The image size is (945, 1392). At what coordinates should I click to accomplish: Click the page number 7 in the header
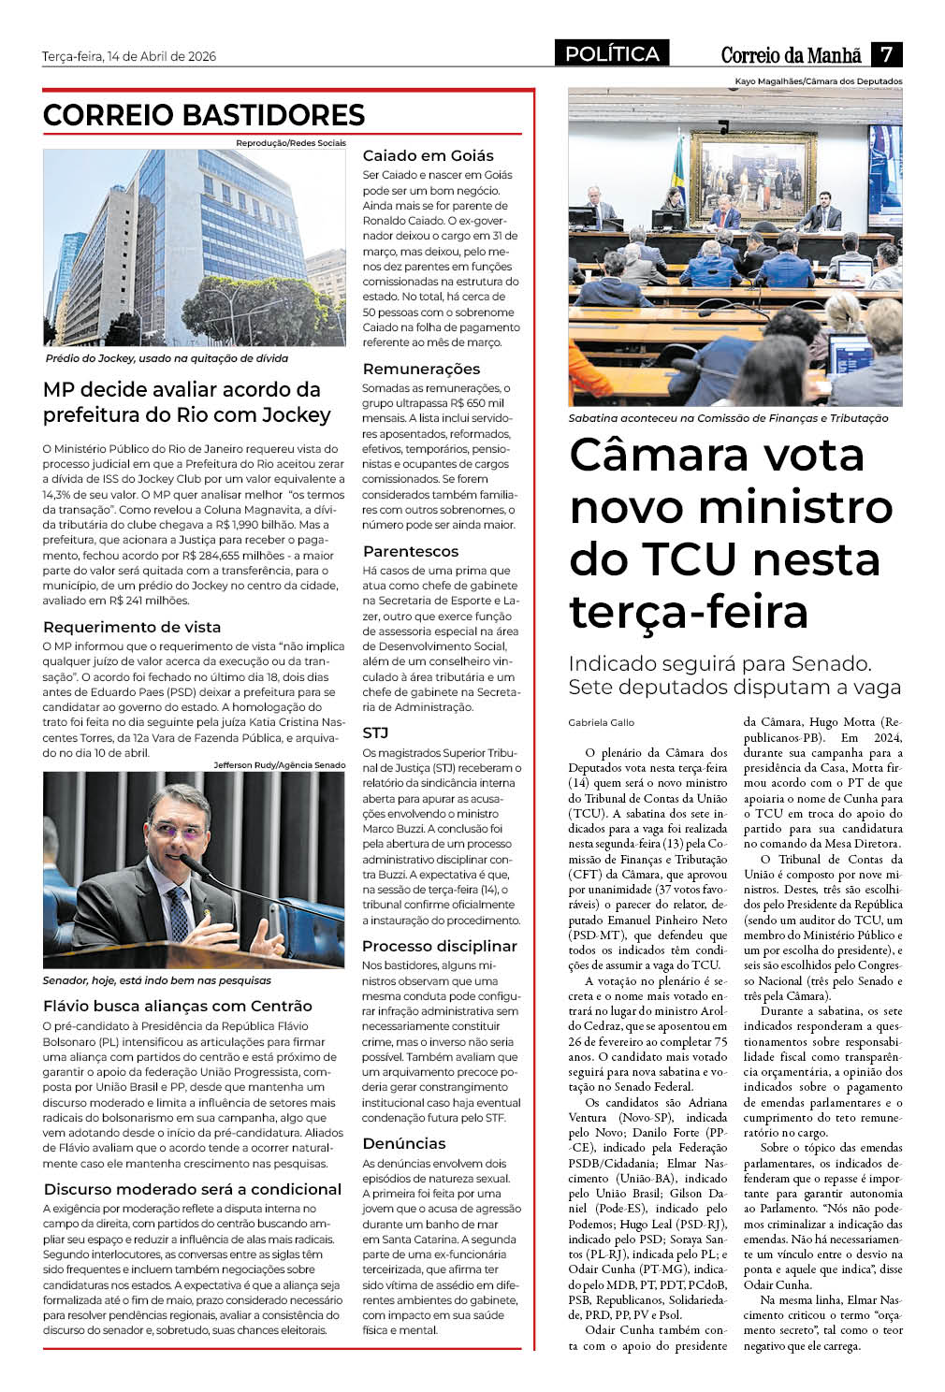point(886,54)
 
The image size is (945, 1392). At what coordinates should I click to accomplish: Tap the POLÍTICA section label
point(612,54)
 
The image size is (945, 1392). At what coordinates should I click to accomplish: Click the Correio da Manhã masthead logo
point(791,55)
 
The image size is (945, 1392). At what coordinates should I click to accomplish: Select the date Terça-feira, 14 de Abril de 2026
point(129,56)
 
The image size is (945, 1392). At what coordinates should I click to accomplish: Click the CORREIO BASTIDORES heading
point(204,115)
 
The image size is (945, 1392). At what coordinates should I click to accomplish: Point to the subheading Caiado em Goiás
point(428,155)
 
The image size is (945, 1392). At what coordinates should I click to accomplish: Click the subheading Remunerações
point(421,369)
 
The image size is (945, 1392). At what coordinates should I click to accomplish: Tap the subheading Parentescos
point(411,551)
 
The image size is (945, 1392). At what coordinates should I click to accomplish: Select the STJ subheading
point(375,732)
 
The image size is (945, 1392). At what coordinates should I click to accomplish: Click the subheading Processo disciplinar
point(439,946)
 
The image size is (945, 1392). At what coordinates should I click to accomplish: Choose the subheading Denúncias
point(404,1143)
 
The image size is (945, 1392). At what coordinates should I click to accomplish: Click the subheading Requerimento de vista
point(132,627)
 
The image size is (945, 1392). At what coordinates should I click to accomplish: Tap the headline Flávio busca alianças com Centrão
point(178,1006)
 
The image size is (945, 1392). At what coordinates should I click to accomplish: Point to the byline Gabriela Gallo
point(601,722)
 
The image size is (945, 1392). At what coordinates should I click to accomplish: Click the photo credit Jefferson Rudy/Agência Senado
point(279,765)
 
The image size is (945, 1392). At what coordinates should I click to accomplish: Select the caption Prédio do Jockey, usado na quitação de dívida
point(167,358)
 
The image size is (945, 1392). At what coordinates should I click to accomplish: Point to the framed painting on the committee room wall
point(738,168)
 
